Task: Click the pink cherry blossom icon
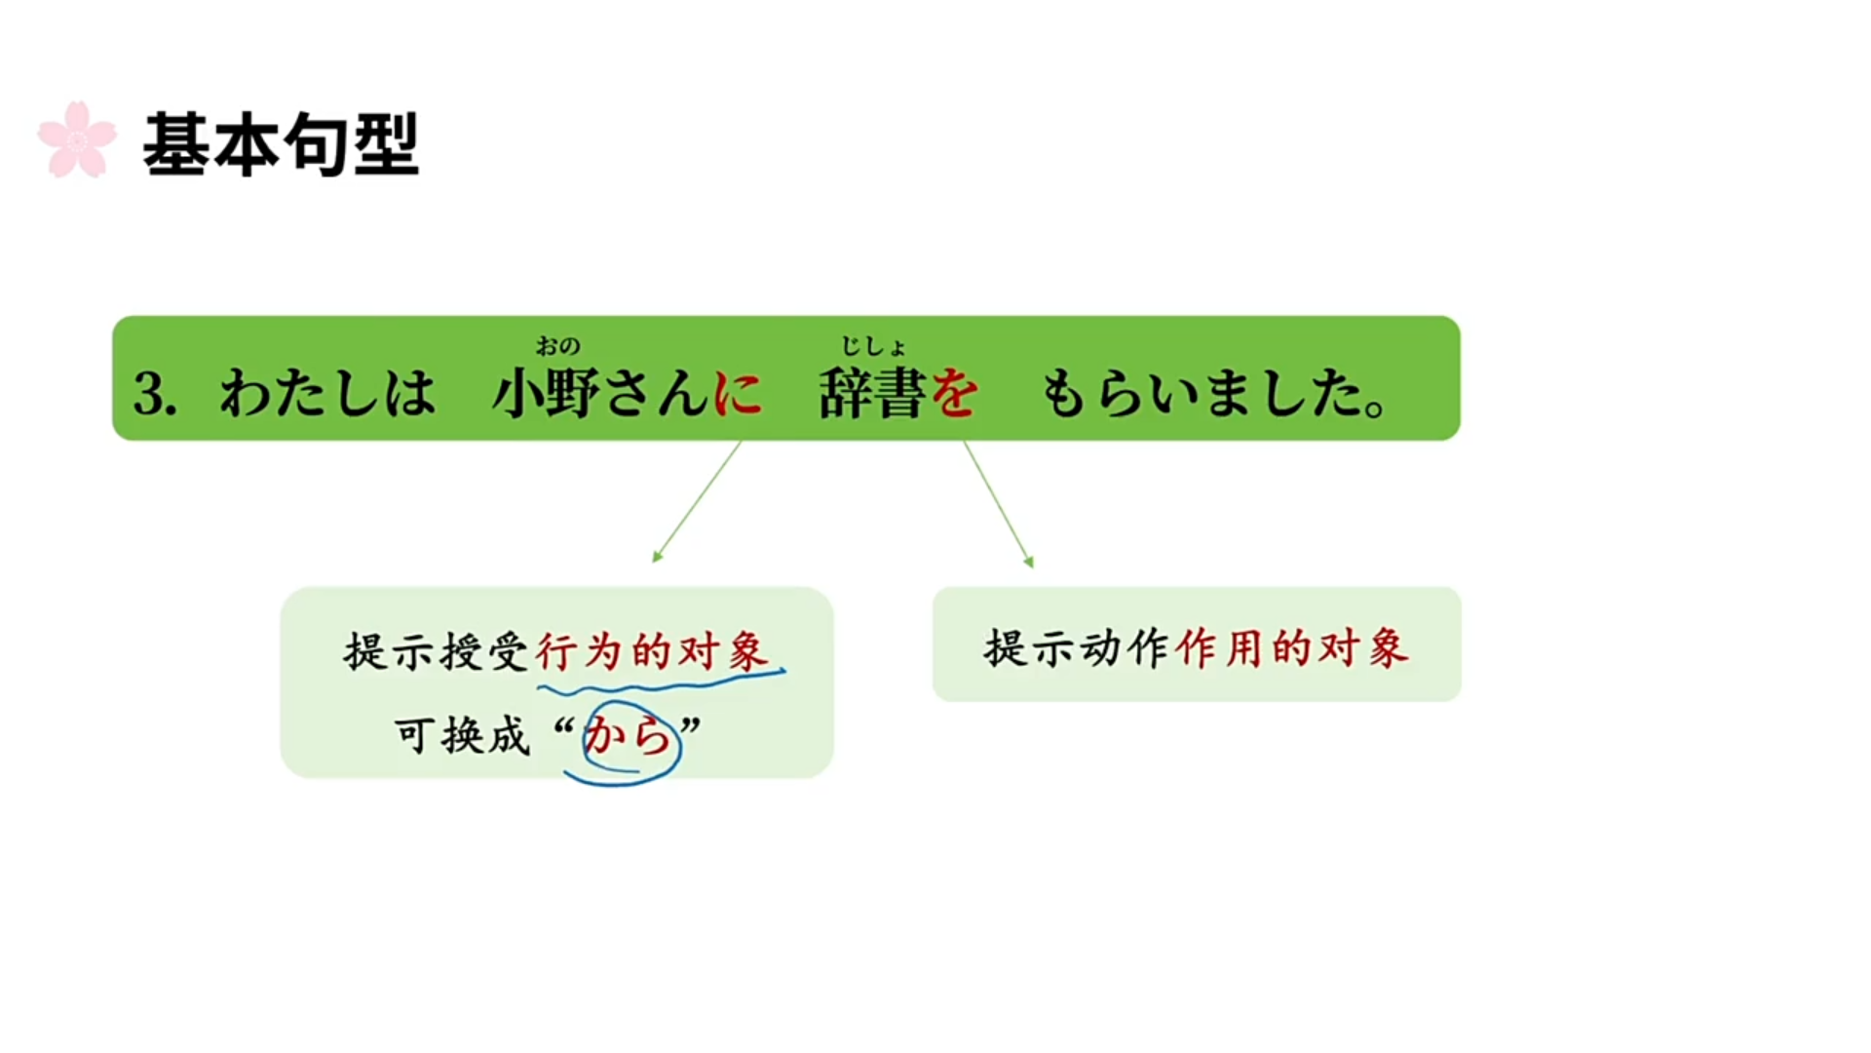(x=77, y=140)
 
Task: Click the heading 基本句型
(x=281, y=144)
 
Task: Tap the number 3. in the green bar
(x=155, y=394)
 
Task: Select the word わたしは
(x=327, y=394)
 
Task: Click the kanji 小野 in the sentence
(x=546, y=394)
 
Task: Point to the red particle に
(x=738, y=394)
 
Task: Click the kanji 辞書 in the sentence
(x=872, y=394)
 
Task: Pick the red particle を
(x=954, y=394)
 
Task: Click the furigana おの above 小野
(x=557, y=346)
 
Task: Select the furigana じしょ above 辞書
(x=873, y=346)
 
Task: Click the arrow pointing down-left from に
(x=697, y=501)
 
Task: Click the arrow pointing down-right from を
(x=999, y=503)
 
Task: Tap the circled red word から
(x=629, y=737)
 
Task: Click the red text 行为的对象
(x=652, y=650)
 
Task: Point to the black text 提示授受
(x=436, y=651)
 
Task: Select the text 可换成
(x=462, y=736)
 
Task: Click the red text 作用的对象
(x=1291, y=647)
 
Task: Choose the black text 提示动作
(x=1076, y=647)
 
